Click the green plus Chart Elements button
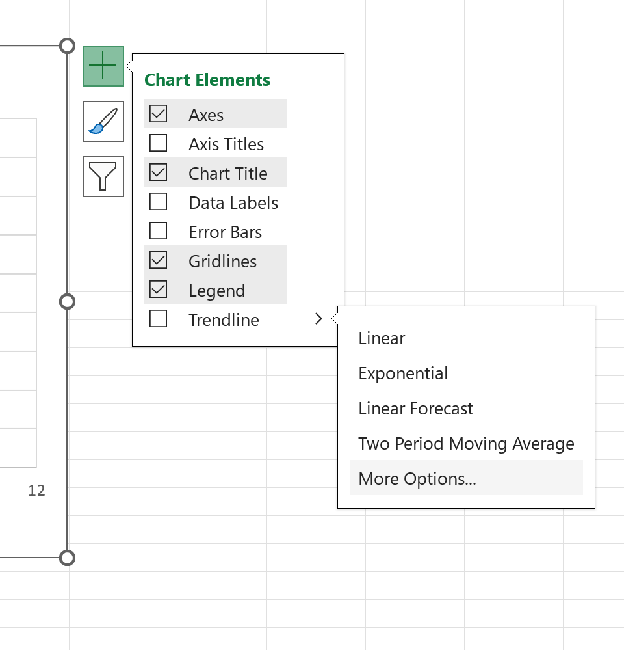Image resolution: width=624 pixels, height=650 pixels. tap(103, 66)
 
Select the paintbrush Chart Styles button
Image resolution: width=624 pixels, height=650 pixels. tap(103, 122)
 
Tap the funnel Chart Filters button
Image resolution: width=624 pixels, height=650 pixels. tap(103, 176)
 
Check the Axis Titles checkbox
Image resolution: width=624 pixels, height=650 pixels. tap(158, 143)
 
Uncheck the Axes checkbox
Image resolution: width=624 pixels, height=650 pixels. tap(158, 114)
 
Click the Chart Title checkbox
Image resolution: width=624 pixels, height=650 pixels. tap(158, 172)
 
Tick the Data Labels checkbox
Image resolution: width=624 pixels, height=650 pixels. tap(158, 202)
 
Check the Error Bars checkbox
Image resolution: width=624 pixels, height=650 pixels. tap(158, 231)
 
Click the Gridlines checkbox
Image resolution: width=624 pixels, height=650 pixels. tap(158, 260)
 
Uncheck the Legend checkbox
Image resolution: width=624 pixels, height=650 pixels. tap(158, 290)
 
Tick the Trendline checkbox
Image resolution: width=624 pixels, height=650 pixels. tap(158, 319)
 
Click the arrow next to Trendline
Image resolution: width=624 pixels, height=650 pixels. tap(318, 319)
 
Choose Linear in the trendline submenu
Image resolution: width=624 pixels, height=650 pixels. tap(382, 338)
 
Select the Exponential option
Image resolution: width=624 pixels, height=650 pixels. tap(403, 373)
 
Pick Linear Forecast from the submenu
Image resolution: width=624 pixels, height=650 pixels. tap(416, 409)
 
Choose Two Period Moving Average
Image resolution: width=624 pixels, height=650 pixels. tap(466, 444)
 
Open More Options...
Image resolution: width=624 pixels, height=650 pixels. tap(417, 479)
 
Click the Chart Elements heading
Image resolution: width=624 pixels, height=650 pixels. tap(207, 80)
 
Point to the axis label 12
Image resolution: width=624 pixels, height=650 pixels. tap(36, 491)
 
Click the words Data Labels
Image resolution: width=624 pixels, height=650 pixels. tap(233, 203)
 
